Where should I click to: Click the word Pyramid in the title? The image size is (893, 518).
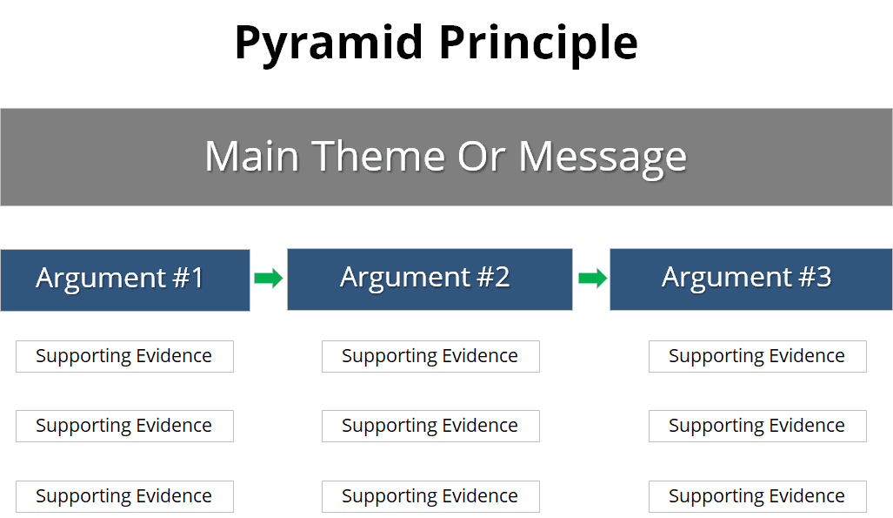click(328, 43)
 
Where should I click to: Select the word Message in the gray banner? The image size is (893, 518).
click(602, 157)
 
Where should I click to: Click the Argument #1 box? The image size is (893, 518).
click(124, 279)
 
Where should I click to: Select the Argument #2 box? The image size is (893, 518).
click(429, 279)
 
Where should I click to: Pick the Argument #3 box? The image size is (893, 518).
click(750, 279)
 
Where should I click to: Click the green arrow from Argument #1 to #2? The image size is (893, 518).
click(268, 279)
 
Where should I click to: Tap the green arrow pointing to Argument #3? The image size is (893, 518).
click(591, 279)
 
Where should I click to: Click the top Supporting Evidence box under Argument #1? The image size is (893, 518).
click(124, 356)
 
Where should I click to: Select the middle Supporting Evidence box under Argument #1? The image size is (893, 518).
click(124, 426)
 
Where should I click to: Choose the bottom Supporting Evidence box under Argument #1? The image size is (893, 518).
click(124, 496)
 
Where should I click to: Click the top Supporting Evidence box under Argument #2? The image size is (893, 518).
click(430, 356)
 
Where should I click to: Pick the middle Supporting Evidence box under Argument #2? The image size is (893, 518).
click(430, 426)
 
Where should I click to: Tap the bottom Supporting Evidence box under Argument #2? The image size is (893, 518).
click(430, 496)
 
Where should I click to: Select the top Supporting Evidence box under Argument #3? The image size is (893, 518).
click(757, 356)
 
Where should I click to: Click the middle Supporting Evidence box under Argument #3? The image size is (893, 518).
click(757, 426)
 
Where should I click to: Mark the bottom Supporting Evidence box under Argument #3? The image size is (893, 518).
click(757, 496)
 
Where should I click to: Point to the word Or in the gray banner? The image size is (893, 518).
click(477, 157)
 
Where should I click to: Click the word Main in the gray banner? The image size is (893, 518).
click(253, 157)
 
